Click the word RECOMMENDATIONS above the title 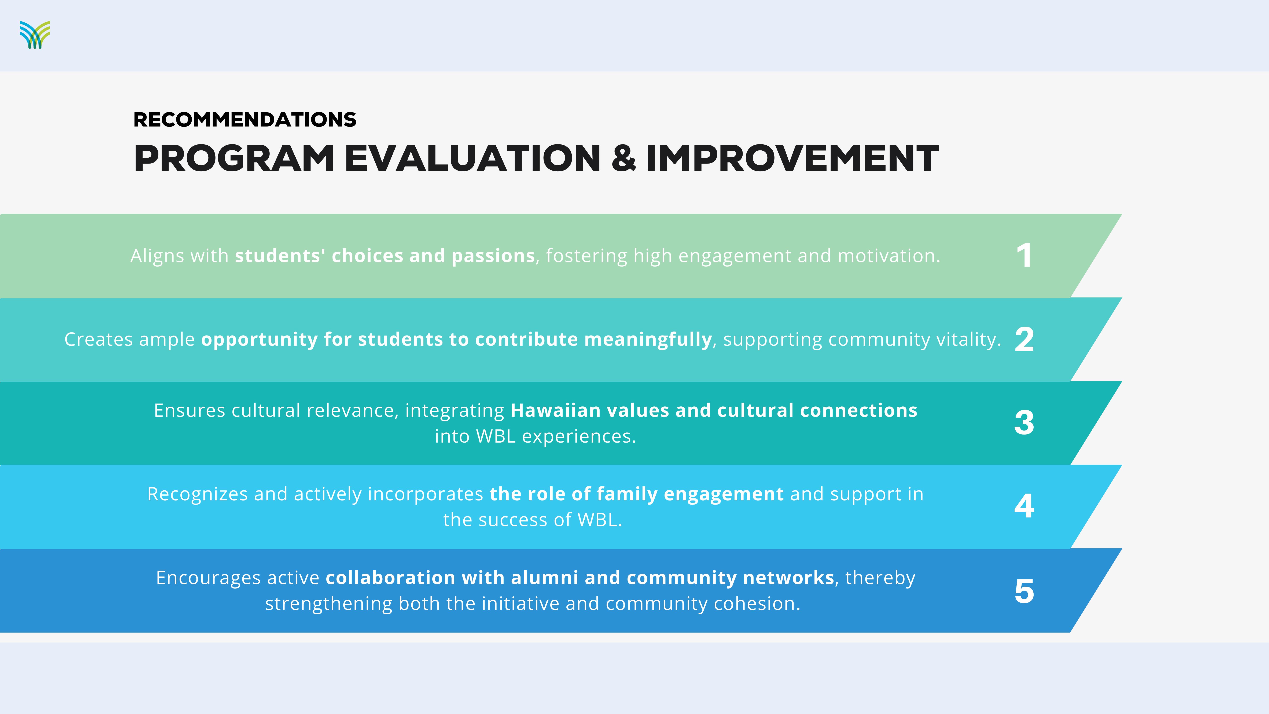pyautogui.click(x=245, y=120)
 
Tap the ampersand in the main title pyautogui.click(x=624, y=158)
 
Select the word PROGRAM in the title pyautogui.click(x=234, y=158)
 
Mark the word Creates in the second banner pyautogui.click(x=99, y=340)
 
